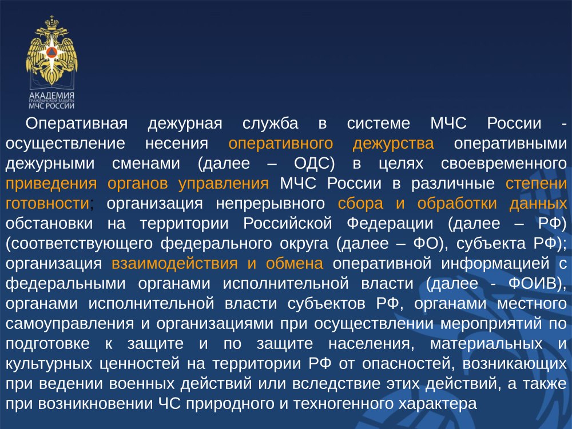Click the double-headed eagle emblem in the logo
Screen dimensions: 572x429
51,50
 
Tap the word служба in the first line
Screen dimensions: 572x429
271,124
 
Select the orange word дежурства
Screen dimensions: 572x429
394,144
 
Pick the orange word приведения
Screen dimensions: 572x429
51,184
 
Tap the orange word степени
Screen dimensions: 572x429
537,184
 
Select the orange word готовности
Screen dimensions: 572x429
47,204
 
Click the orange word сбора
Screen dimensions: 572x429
360,204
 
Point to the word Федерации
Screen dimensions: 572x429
390,224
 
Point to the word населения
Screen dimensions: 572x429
371,344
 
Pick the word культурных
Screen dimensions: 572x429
49,364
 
